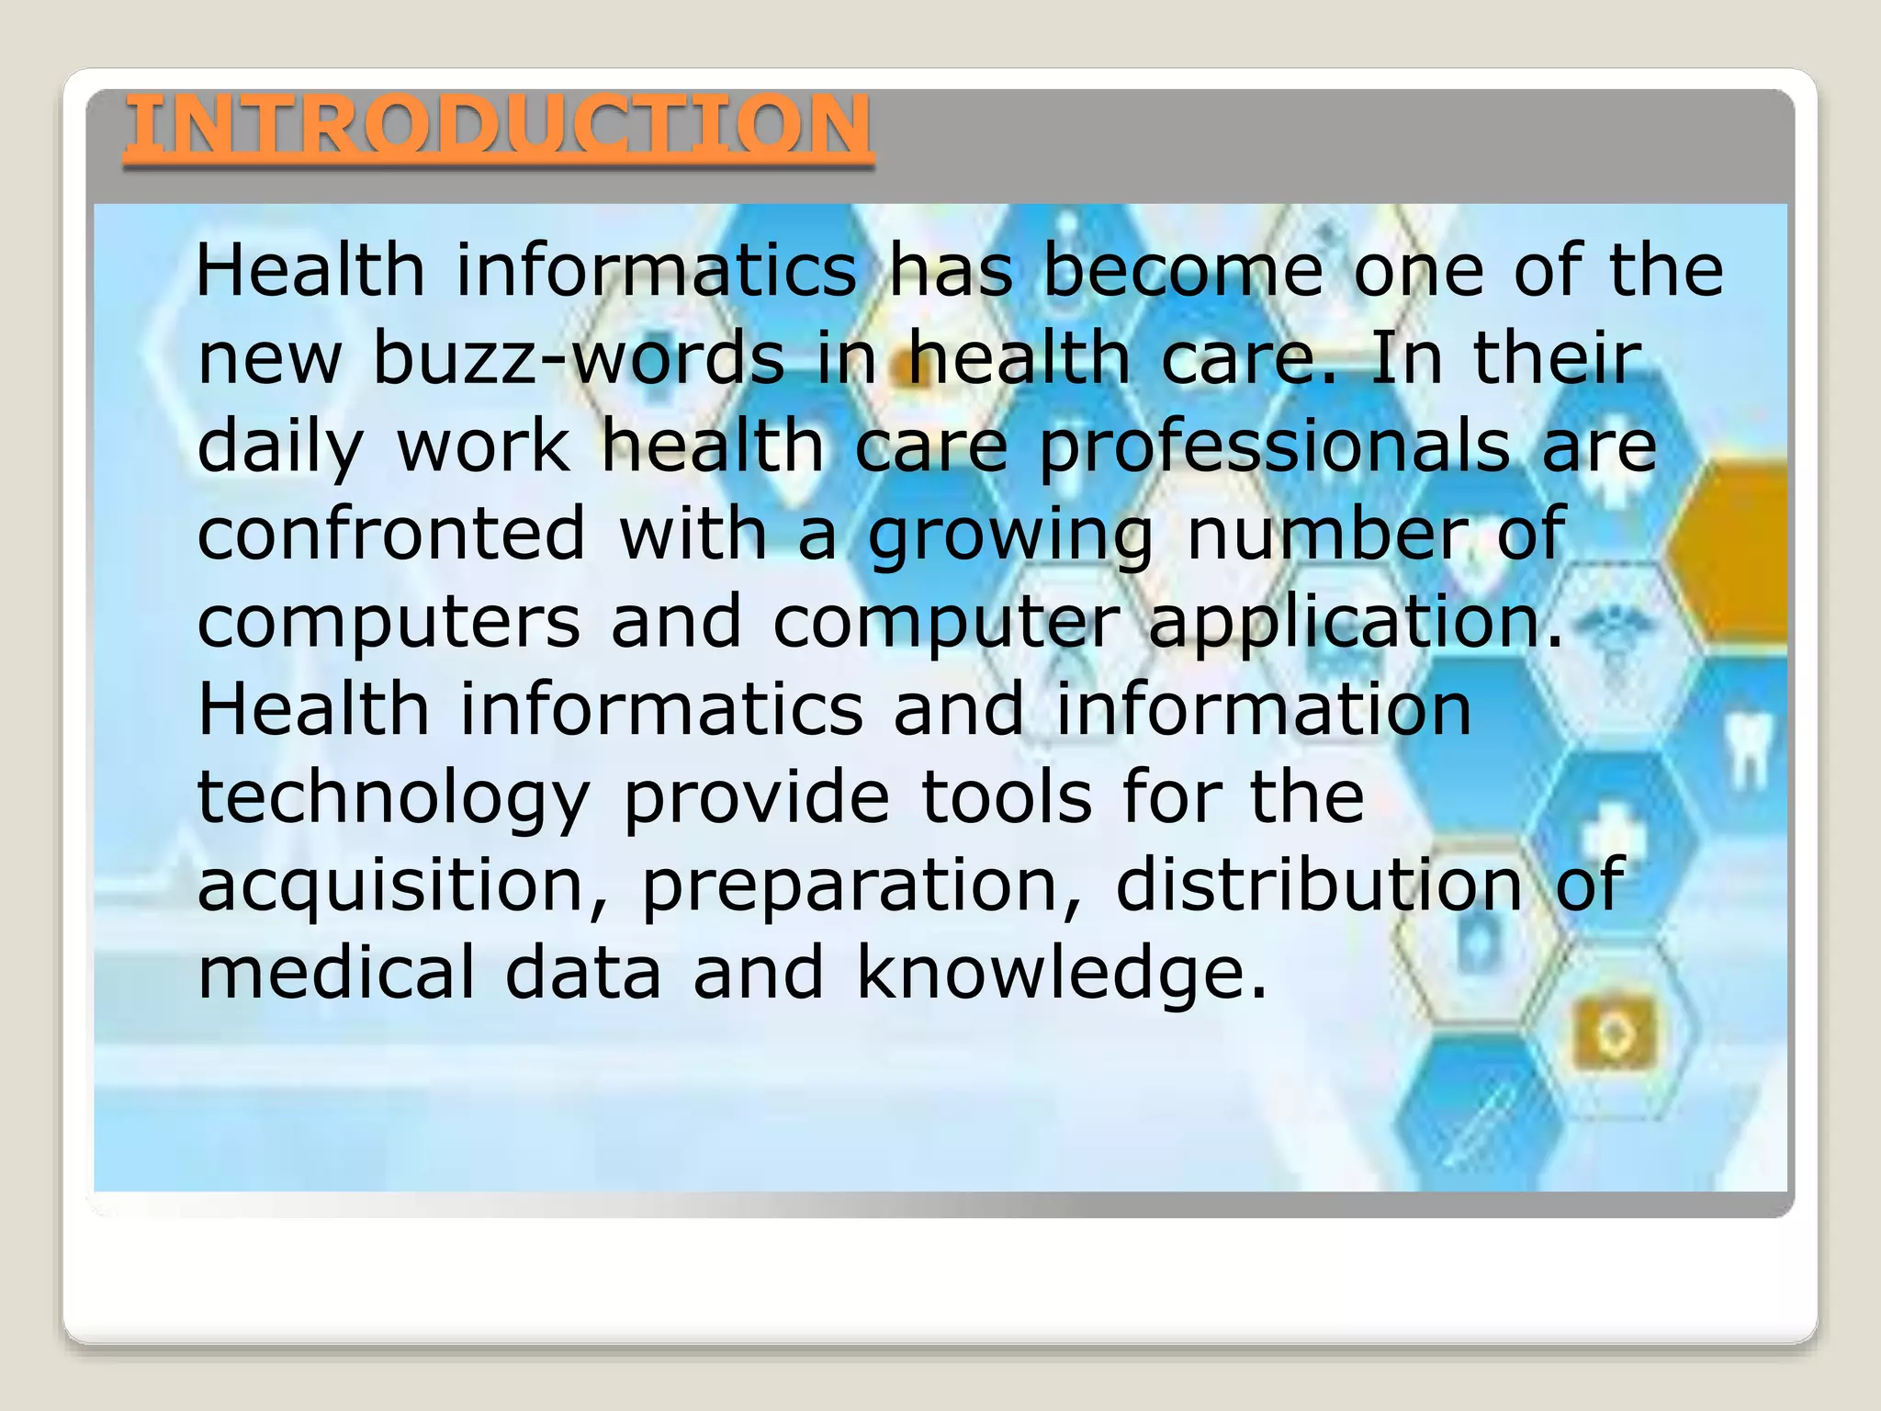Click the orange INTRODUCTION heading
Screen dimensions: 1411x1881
pyautogui.click(x=499, y=126)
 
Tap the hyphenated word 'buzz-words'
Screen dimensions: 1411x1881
pyautogui.click(x=579, y=358)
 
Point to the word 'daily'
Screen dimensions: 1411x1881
pyautogui.click(x=280, y=447)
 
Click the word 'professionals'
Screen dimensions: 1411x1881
pyautogui.click(x=1274, y=447)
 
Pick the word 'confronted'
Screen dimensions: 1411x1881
pyautogui.click(x=391, y=533)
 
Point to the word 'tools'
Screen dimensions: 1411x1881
pyautogui.click(x=1006, y=796)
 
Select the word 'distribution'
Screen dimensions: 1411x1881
pyautogui.click(x=1319, y=884)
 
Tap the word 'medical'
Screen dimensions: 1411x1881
pyautogui.click(x=336, y=972)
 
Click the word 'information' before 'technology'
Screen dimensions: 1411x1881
pyautogui.click(x=1263, y=709)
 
